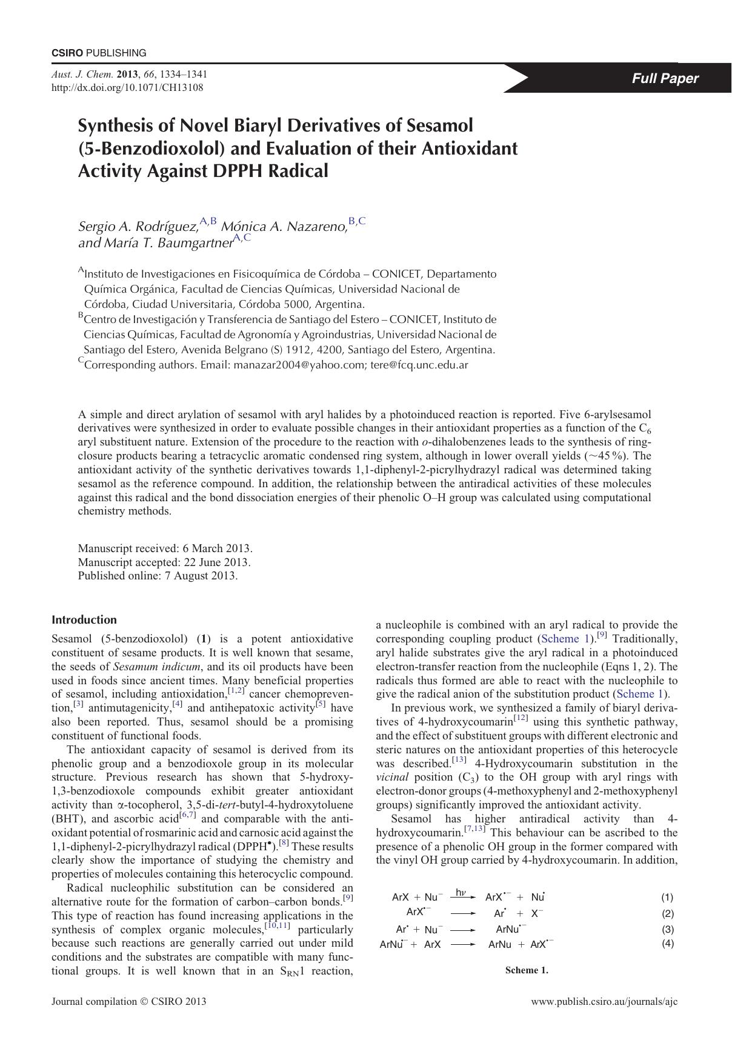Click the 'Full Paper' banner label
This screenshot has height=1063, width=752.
click(x=665, y=78)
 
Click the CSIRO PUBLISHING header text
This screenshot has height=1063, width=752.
click(x=99, y=53)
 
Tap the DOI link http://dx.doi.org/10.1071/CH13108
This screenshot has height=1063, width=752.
click(x=127, y=87)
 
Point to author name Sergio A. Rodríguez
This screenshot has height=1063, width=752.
click(x=138, y=227)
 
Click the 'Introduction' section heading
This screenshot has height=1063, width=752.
click(x=84, y=619)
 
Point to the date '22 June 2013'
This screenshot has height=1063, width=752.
click(x=221, y=562)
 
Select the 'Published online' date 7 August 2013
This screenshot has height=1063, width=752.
click(x=201, y=576)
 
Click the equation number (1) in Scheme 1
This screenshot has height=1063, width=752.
click(x=667, y=898)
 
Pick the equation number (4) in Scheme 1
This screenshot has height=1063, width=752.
click(x=667, y=944)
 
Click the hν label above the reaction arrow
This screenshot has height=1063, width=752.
click(x=461, y=892)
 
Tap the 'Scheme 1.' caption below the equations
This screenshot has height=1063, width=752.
click(x=527, y=970)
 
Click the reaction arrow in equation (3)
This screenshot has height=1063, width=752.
click(x=463, y=930)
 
